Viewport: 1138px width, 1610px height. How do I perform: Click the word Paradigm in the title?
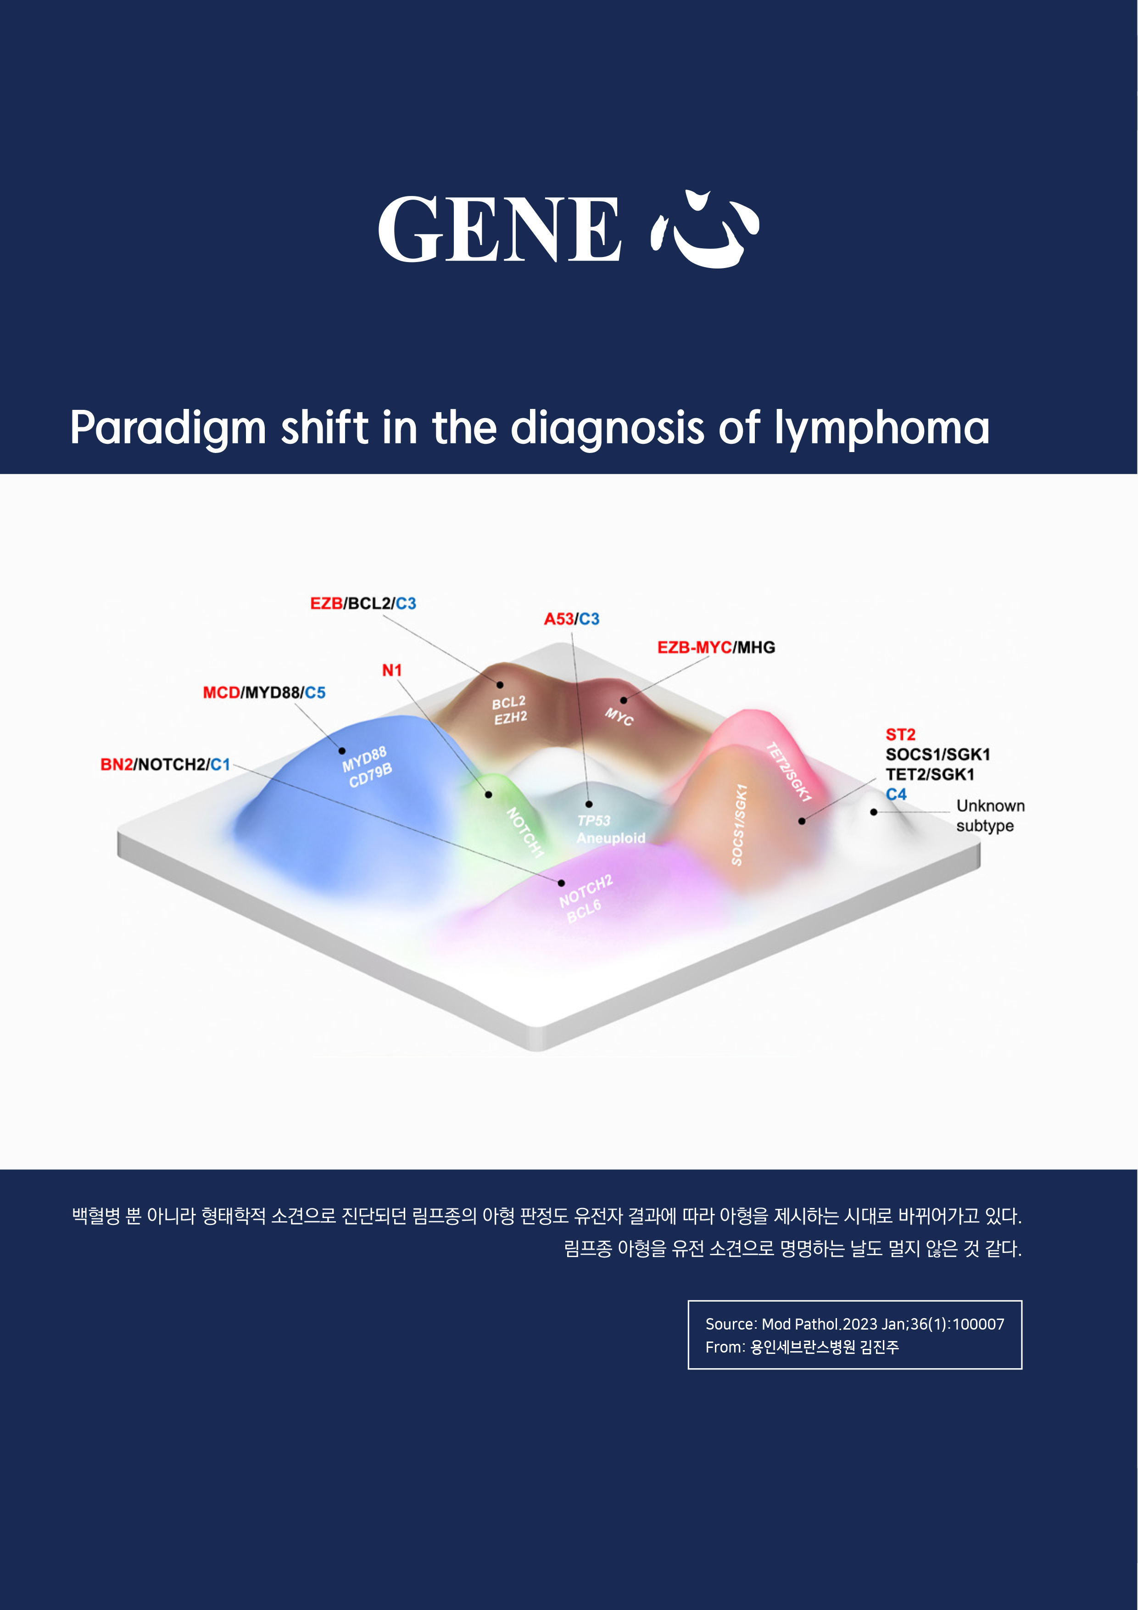click(x=168, y=429)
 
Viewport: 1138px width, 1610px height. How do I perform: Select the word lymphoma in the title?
click(x=881, y=429)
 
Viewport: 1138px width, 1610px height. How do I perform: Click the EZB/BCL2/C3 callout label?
click(x=363, y=603)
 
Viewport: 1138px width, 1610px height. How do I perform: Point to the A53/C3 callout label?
click(x=571, y=619)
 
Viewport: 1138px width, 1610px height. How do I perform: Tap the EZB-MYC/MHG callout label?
click(x=716, y=647)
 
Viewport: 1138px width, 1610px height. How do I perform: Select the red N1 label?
click(x=392, y=671)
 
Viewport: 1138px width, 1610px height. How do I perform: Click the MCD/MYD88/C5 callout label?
click(x=264, y=693)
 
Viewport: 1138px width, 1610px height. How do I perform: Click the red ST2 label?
click(x=900, y=734)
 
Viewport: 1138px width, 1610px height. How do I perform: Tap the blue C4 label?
click(x=896, y=794)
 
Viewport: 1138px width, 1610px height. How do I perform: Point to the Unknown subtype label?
click(x=990, y=816)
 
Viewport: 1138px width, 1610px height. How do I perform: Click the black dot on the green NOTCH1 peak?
click(x=489, y=794)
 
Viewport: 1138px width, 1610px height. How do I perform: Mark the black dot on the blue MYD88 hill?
click(x=342, y=751)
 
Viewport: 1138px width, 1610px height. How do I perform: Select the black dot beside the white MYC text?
click(x=623, y=700)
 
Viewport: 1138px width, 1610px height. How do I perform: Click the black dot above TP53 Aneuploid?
click(x=589, y=804)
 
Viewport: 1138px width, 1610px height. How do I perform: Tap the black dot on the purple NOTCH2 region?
click(x=561, y=883)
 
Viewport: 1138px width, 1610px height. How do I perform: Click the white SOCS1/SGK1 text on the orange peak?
click(x=739, y=825)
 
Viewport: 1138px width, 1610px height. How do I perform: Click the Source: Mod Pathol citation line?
click(x=855, y=1324)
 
